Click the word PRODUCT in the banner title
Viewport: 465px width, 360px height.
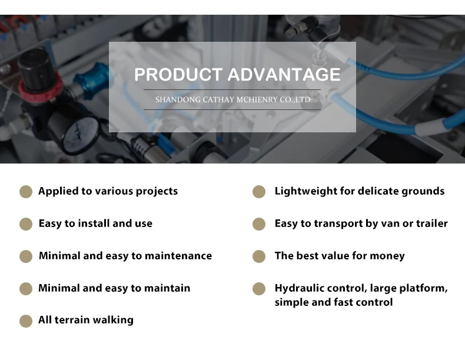[x=178, y=74]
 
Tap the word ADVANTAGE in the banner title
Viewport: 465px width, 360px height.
[x=284, y=74]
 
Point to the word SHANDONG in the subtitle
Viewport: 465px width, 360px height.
[x=178, y=99]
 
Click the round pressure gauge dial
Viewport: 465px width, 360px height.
[x=81, y=134]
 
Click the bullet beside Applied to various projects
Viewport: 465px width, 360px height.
[x=26, y=192]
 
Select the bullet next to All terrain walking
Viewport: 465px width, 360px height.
[x=26, y=321]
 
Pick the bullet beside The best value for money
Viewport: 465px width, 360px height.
[x=259, y=256]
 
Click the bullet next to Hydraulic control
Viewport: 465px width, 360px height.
[x=259, y=289]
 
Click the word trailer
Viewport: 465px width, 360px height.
[x=432, y=223]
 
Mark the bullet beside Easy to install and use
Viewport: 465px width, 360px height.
[x=26, y=224]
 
